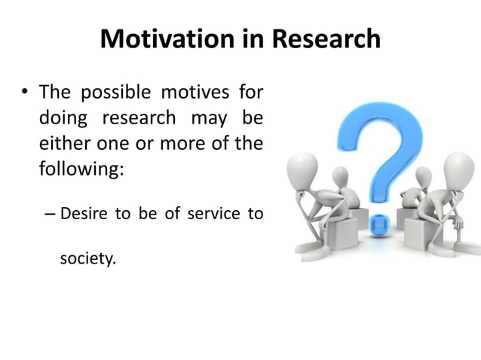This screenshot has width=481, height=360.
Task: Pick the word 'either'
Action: tap(63, 142)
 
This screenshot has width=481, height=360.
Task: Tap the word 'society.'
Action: tap(88, 260)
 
